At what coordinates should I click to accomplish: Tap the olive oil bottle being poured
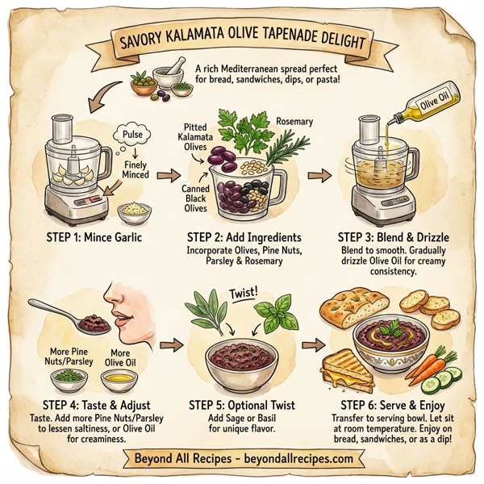click(425, 109)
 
